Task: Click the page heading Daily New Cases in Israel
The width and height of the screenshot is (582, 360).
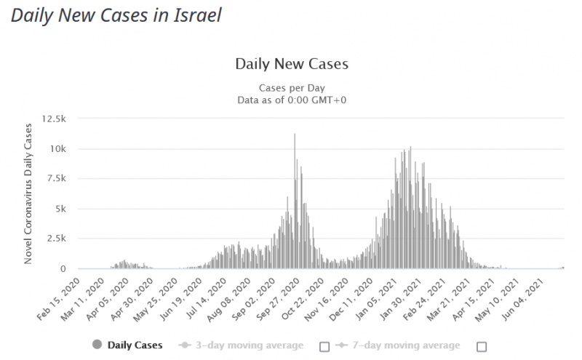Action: pos(116,15)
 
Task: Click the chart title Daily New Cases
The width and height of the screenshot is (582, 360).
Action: pos(292,64)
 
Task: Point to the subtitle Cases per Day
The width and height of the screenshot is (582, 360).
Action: pos(292,87)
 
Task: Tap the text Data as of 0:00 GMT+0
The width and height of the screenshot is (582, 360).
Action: pos(292,100)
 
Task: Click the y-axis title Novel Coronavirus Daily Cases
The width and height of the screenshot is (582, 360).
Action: pos(29,193)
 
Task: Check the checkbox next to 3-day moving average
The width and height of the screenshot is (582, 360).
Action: pos(324,345)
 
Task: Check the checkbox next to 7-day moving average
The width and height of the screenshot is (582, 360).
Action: pos(481,345)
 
